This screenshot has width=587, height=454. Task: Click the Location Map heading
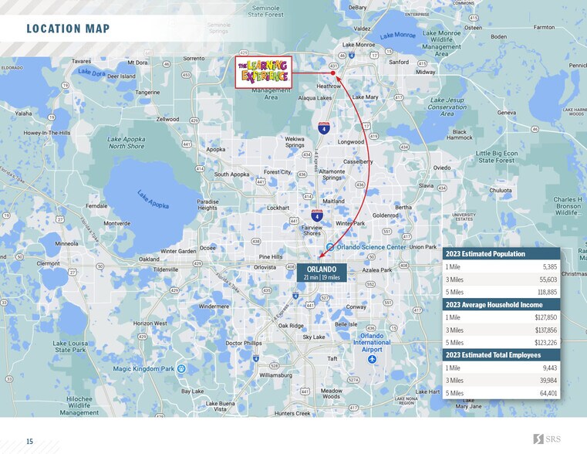tap(68, 29)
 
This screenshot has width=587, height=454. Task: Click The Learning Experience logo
tap(263, 72)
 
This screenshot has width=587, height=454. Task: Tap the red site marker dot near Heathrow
tap(333, 74)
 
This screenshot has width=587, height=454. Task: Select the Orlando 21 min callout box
tap(321, 273)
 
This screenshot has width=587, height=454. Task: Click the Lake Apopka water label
tap(153, 199)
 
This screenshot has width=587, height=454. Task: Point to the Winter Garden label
tap(178, 251)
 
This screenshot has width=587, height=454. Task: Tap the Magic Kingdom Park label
tap(145, 369)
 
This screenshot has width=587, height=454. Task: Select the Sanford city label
tap(399, 62)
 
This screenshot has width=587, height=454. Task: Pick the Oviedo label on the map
tap(441, 168)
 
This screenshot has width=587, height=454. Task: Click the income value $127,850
tap(545, 317)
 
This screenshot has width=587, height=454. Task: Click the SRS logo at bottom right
tap(548, 439)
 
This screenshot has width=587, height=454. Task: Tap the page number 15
tap(29, 442)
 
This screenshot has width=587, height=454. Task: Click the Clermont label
tap(48, 263)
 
